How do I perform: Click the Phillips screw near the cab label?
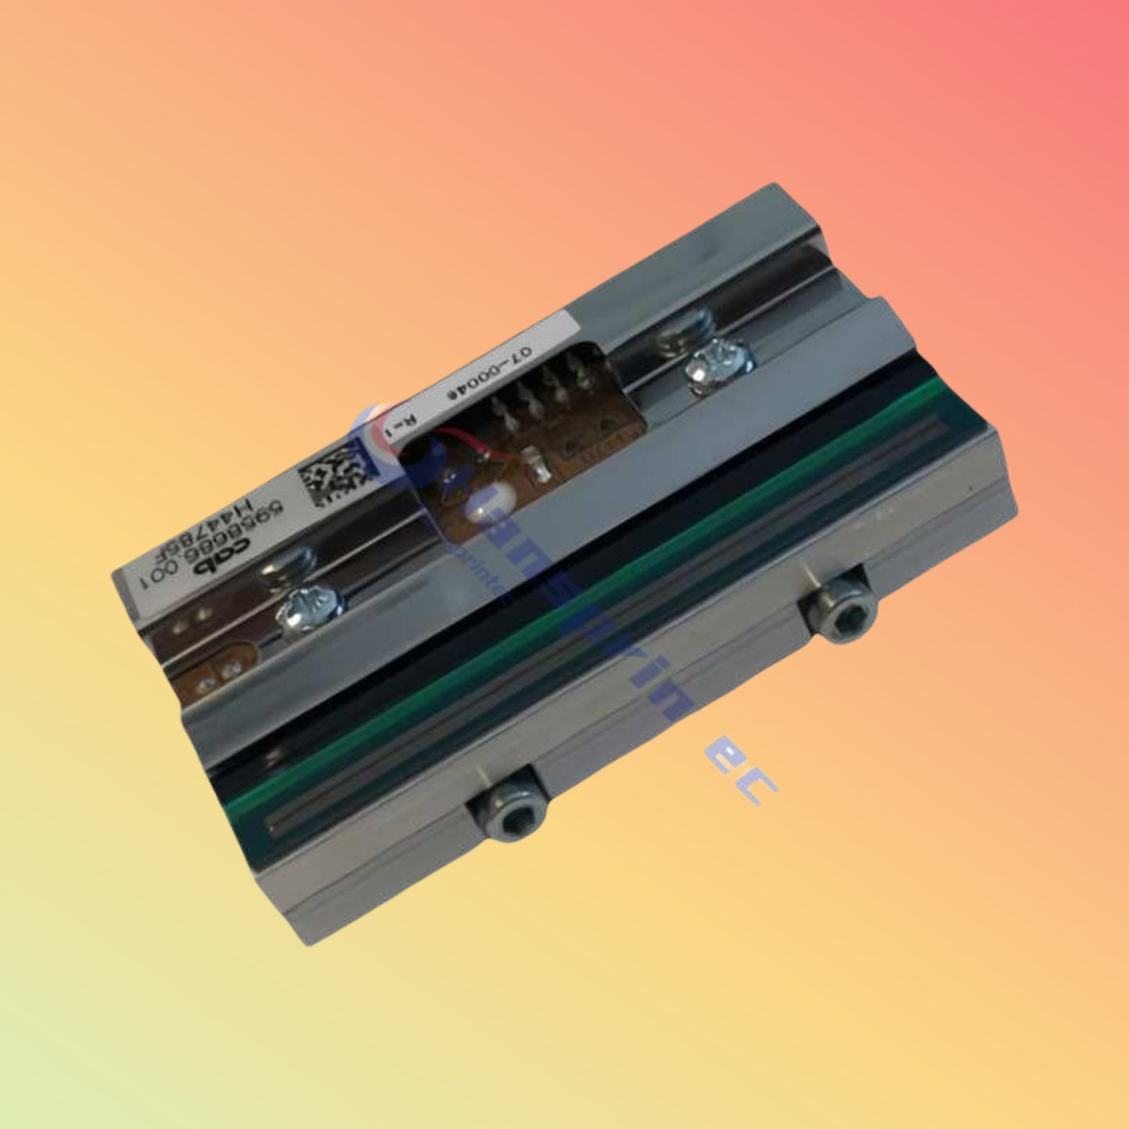pyautogui.click(x=311, y=603)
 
